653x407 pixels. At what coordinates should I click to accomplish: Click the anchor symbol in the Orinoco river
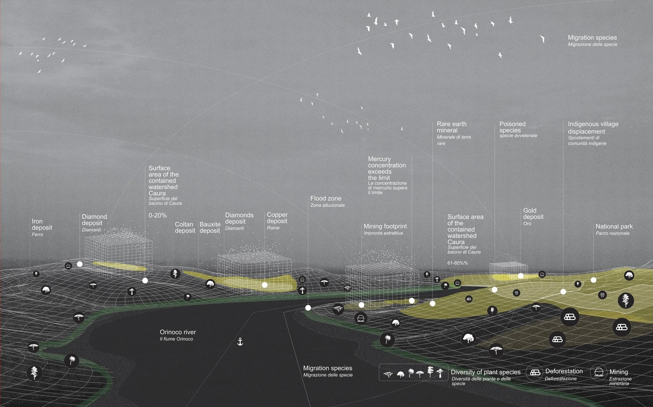pos(240,341)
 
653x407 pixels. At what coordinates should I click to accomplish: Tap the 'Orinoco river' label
pos(178,332)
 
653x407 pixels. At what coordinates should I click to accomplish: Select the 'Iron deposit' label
pos(42,225)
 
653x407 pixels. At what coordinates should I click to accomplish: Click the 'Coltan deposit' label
pos(185,227)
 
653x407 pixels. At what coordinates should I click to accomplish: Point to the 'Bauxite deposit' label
pos(210,227)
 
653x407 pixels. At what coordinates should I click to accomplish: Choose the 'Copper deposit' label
pos(277,218)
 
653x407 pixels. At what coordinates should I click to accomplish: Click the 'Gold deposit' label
pos(533,214)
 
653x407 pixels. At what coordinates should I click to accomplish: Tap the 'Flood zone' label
pos(325,198)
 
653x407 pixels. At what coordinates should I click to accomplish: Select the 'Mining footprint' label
pos(385,226)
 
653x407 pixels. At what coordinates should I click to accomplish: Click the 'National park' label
pos(614,226)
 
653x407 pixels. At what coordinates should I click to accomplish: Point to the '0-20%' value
pos(158,215)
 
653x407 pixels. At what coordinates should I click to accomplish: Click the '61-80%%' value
pos(458,263)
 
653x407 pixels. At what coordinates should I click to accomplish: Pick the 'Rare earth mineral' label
pos(451,127)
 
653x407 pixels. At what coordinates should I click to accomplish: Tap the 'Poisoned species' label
pos(512,127)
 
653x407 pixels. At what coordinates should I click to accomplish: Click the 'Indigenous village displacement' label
pos(593,128)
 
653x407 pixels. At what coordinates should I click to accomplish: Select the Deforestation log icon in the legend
pos(535,372)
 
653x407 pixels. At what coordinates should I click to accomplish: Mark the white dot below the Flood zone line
pos(308,308)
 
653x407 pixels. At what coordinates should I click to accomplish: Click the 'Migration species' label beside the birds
pos(592,38)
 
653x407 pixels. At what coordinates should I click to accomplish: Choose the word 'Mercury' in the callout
pos(379,159)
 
